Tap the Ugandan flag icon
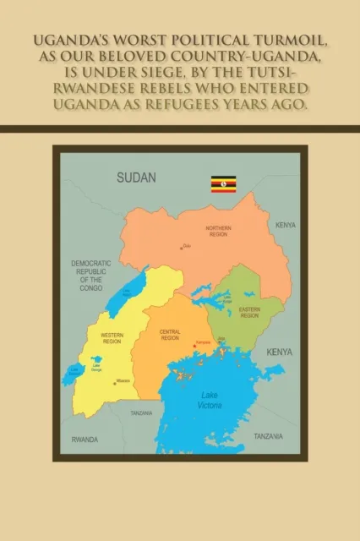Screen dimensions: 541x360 [x=223, y=183]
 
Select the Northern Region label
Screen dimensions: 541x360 [x=218, y=232]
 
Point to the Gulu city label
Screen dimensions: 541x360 [x=188, y=246]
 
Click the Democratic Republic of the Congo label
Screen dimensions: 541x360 [x=91, y=276]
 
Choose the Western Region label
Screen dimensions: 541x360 [x=112, y=338]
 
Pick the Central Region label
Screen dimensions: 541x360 [x=170, y=334]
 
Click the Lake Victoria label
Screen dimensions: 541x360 [x=210, y=399]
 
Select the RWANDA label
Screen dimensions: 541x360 [x=85, y=440]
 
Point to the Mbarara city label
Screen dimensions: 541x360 [x=123, y=381]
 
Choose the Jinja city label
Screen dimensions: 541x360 [x=221, y=339]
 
